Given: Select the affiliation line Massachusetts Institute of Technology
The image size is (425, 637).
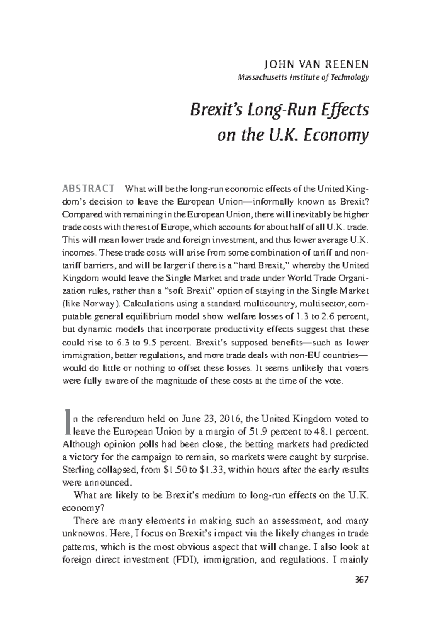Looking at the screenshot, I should click(303, 77).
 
